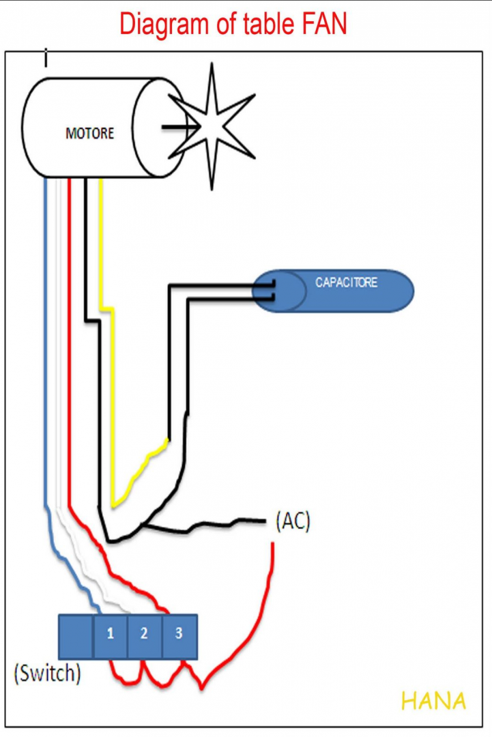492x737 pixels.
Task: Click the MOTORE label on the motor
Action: pos(89,134)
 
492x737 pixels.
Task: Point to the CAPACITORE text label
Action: pos(346,282)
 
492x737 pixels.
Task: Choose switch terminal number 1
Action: pos(110,633)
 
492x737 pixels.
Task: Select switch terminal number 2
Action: pos(144,633)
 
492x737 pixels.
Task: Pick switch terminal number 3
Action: pos(179,633)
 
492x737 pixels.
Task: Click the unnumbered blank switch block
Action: pos(75,636)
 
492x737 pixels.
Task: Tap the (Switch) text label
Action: pos(47,674)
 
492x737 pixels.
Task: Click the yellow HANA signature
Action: pos(433,701)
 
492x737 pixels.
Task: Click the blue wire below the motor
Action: pos(45,341)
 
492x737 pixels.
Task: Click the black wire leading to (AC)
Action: pos(205,526)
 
